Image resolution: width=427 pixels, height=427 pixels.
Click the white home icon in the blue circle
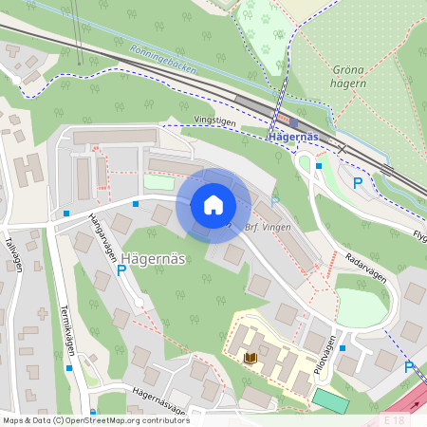(213, 204)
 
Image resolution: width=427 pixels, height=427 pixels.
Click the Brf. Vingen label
(267, 228)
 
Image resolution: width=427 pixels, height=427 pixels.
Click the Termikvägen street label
(66, 328)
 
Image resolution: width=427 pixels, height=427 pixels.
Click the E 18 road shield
(394, 418)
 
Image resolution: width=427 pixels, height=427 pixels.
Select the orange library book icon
(251, 358)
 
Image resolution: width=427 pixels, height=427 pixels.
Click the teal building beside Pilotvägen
(332, 400)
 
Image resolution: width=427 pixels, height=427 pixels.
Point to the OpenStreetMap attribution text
(96, 419)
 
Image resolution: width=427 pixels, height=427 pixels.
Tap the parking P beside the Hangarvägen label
(121, 271)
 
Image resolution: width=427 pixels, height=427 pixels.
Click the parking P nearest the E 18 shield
(409, 367)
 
